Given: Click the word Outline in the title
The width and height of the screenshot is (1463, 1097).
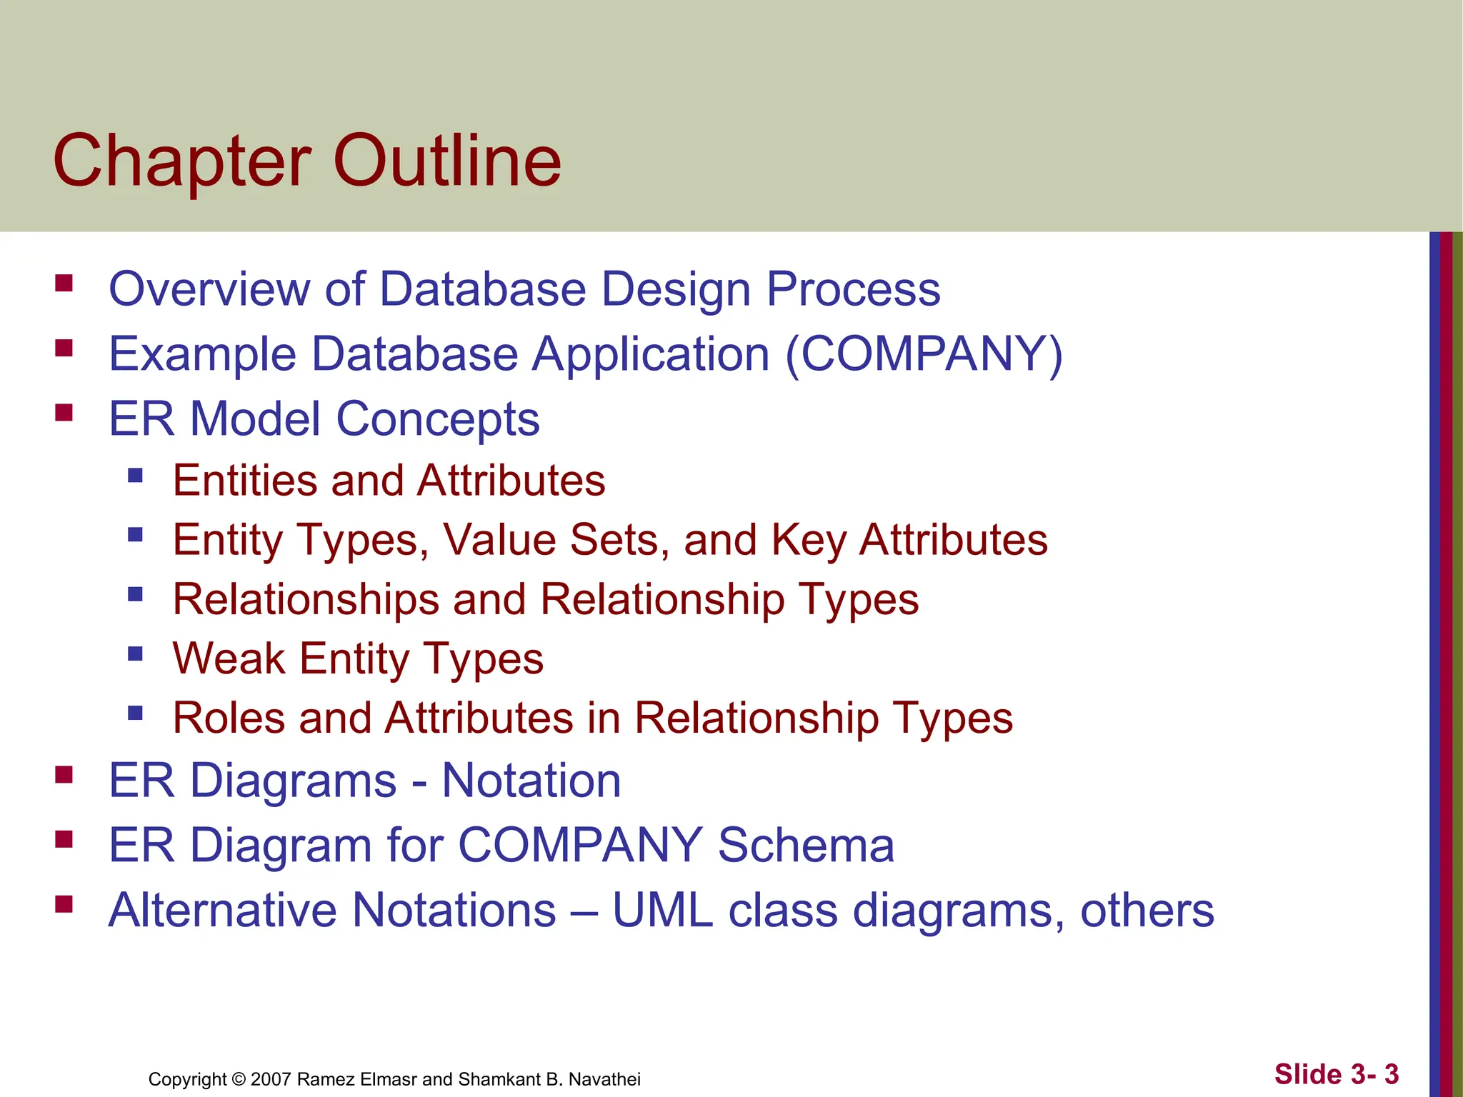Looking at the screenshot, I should tap(447, 161).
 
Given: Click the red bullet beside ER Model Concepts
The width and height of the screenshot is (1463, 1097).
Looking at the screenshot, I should tap(64, 413).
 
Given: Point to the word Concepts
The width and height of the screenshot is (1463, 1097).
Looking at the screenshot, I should tap(437, 420).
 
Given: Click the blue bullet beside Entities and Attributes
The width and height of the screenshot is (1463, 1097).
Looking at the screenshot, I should tap(135, 475).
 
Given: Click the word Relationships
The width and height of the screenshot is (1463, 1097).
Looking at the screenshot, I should tap(306, 599).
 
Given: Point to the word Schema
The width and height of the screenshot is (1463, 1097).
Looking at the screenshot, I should tap(805, 846).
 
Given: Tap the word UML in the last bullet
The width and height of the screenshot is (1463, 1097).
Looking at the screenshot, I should tap(662, 911).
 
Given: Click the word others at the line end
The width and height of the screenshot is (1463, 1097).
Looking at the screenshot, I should tap(1147, 911).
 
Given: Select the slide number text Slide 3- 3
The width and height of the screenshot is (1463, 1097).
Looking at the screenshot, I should tap(1336, 1074).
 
